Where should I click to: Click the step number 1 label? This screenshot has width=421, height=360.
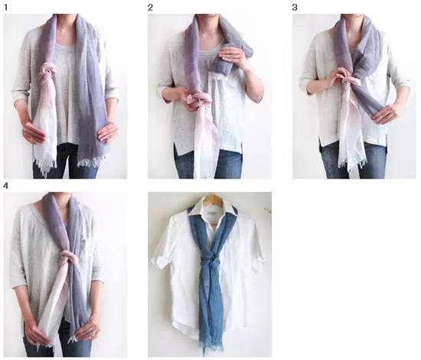coord(5,8)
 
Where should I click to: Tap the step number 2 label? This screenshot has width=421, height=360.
coord(150,8)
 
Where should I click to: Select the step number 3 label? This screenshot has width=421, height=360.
coord(295,8)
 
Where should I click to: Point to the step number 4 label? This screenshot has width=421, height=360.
coord(5,185)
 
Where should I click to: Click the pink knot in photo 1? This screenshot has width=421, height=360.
coord(48,74)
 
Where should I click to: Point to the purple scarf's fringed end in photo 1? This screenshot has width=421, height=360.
coord(93,162)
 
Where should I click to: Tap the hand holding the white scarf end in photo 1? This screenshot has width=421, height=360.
coord(33,133)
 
